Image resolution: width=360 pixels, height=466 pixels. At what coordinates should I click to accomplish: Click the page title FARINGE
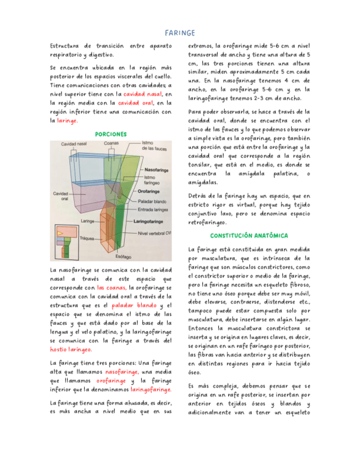point(180,33)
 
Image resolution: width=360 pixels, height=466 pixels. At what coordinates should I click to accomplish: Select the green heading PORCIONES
point(111,134)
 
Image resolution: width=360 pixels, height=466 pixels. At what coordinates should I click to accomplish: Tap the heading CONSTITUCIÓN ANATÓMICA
point(250,235)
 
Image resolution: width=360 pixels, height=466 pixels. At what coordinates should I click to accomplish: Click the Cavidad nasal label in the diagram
point(73,144)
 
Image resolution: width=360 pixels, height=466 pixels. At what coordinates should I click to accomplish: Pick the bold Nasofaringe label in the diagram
point(157,170)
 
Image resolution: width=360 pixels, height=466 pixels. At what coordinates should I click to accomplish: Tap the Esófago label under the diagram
point(123,257)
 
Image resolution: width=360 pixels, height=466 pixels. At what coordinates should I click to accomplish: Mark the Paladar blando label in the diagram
point(152,202)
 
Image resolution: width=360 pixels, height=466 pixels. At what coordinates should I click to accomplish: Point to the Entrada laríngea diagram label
point(154,210)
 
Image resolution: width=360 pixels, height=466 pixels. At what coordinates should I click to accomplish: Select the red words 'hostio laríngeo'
point(71,349)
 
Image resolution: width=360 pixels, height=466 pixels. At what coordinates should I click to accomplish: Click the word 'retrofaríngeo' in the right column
point(208,223)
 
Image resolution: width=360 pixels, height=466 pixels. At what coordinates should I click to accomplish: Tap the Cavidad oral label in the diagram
point(60,196)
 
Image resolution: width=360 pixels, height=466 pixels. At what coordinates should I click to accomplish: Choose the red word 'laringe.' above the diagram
point(68,120)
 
